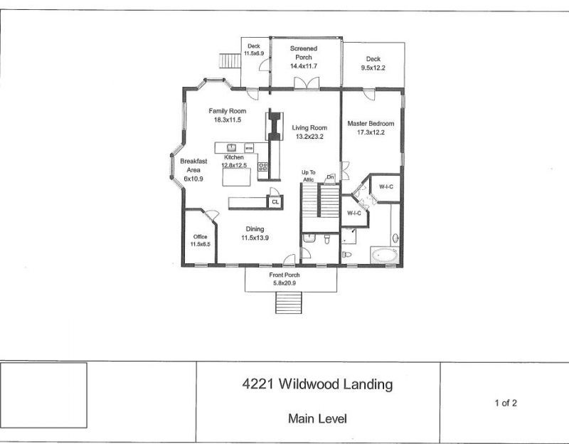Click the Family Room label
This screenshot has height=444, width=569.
[x=227, y=111]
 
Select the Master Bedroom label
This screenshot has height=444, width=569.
[x=371, y=123]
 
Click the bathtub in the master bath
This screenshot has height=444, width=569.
[x=385, y=255]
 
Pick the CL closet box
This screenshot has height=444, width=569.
[x=275, y=202]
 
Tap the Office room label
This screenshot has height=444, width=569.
[x=199, y=236]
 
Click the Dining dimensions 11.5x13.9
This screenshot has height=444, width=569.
[x=255, y=238]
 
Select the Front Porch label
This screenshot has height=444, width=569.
[x=284, y=275]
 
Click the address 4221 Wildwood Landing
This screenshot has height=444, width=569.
[x=317, y=385]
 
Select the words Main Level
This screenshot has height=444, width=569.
[x=317, y=418]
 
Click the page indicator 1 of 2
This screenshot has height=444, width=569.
[x=506, y=403]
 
